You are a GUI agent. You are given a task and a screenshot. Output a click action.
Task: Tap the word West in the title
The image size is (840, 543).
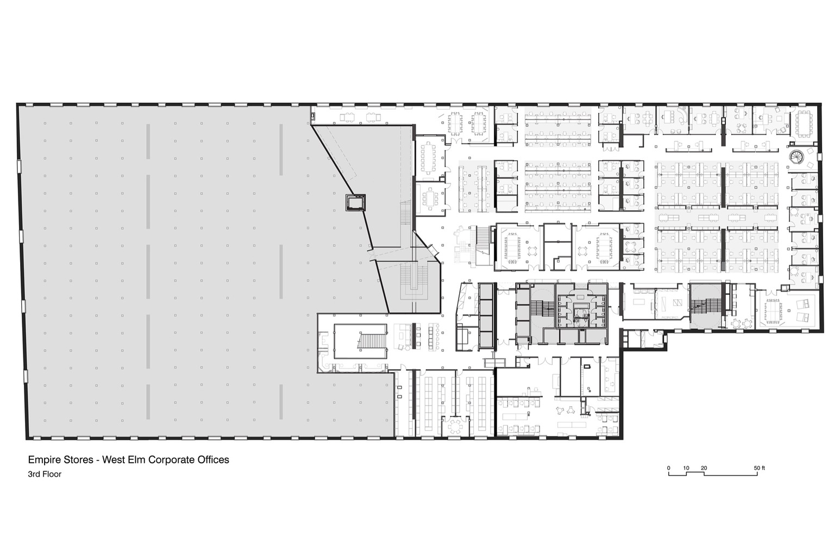click(x=113, y=460)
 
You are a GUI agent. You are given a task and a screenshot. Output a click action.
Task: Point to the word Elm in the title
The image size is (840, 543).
click(x=136, y=460)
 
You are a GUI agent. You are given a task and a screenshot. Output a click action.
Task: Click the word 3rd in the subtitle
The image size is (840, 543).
click(x=34, y=474)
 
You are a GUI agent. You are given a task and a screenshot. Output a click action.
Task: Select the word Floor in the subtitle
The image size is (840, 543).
click(x=52, y=474)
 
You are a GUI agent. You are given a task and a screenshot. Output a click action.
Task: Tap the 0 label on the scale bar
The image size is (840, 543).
click(x=669, y=468)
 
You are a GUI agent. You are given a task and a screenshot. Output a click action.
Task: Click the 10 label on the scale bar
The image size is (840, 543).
click(x=686, y=468)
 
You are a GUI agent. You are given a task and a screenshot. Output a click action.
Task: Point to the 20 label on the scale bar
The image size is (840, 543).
click(x=704, y=468)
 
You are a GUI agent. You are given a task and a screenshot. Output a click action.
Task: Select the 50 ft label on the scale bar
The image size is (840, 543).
click(x=760, y=468)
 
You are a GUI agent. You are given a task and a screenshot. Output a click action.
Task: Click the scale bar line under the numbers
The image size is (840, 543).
click(x=713, y=475)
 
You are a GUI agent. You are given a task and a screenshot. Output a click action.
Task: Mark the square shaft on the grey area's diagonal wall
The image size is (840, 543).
click(x=355, y=203)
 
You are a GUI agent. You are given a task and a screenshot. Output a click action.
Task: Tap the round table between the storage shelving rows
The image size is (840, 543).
click(x=455, y=425)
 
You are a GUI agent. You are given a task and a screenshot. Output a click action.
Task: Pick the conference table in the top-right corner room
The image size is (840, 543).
click(x=804, y=124)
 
